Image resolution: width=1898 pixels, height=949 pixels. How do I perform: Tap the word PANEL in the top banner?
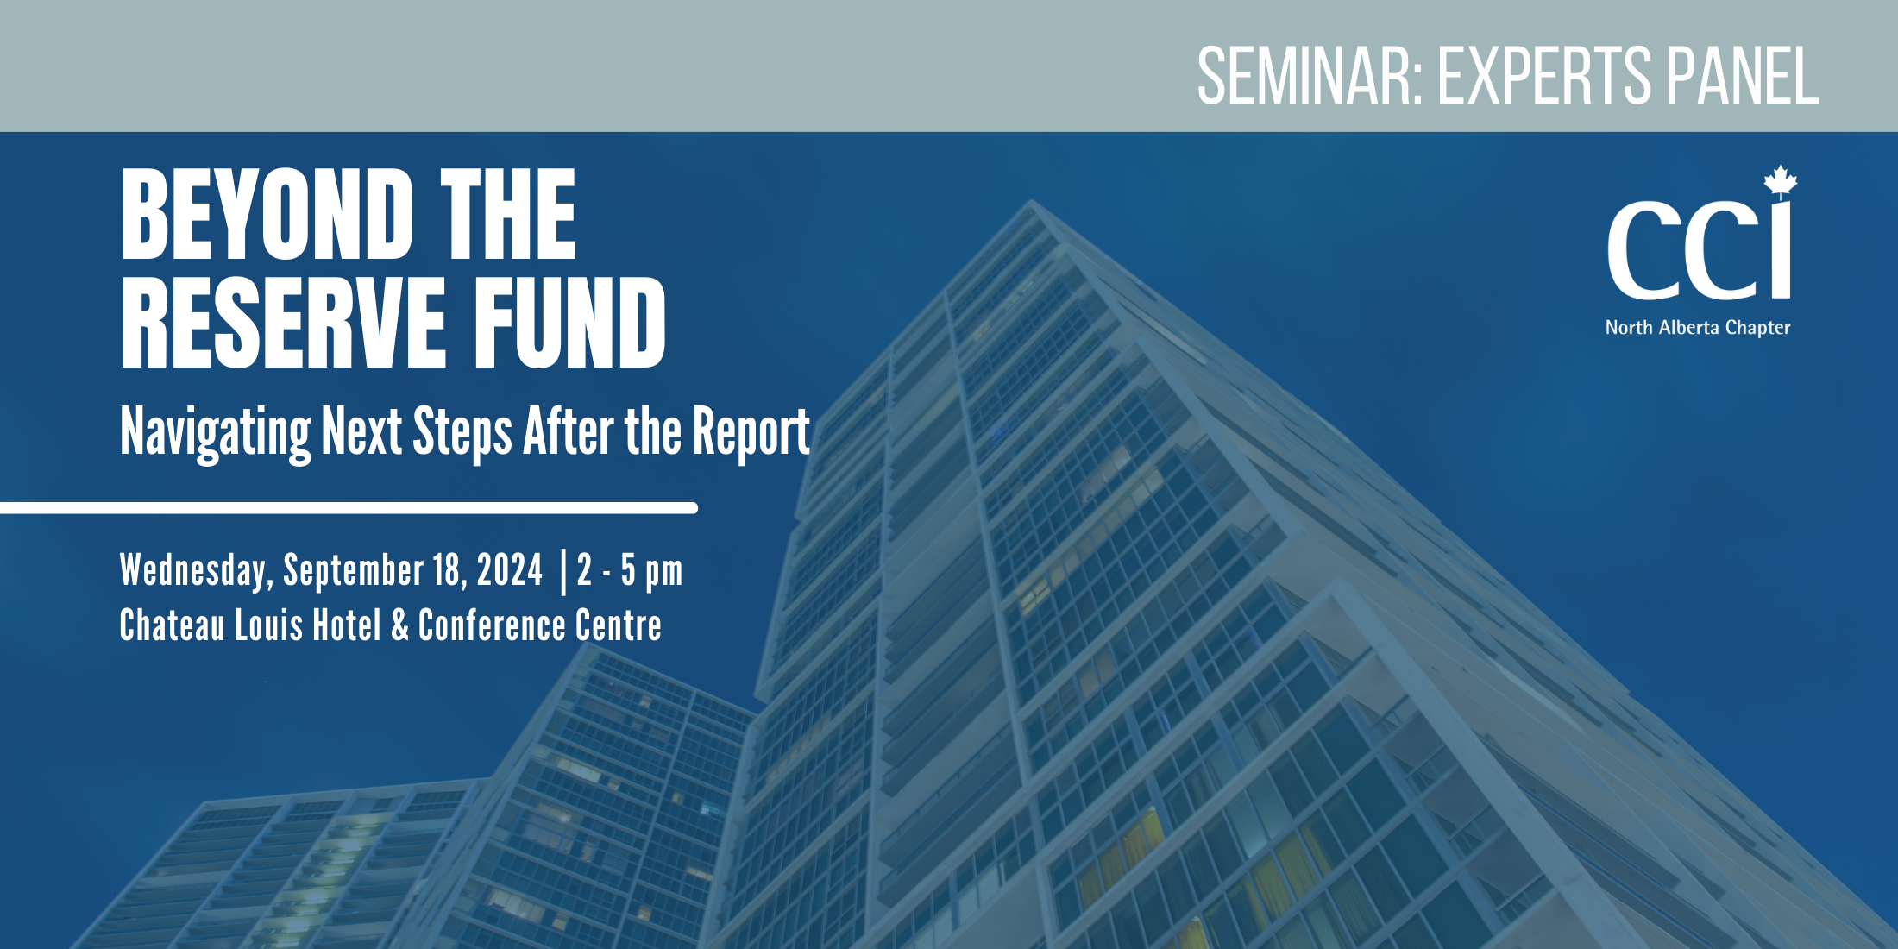tap(1743, 77)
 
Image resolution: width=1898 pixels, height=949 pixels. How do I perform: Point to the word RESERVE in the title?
tap(283, 324)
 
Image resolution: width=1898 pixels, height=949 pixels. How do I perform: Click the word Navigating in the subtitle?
tap(216, 431)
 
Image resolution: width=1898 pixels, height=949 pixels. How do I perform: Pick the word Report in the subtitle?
tap(751, 431)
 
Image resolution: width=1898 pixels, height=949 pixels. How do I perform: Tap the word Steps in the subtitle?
tap(462, 431)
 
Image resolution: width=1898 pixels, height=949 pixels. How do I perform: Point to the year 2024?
tap(510, 570)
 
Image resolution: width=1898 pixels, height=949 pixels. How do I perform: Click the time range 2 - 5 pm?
tap(630, 570)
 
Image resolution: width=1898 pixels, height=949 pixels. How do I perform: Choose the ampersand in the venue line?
tap(399, 625)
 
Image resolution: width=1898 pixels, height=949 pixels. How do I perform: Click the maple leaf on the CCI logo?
tap(1780, 182)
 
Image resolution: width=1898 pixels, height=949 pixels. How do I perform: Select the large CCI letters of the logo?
tap(1698, 250)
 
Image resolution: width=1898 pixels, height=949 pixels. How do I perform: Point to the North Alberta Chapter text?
tap(1697, 328)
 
